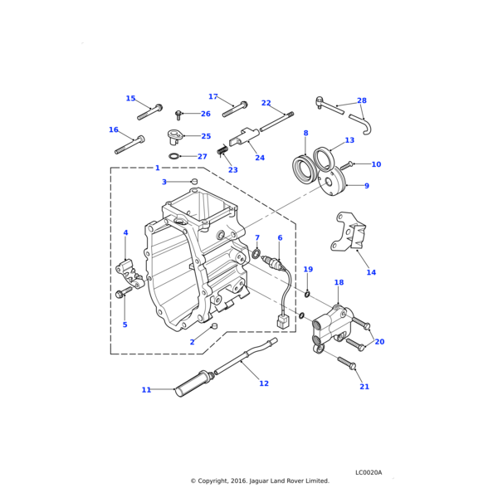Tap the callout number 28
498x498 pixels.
pos(361,100)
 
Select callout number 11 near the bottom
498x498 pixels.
pos(146,389)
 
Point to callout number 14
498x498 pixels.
pos(371,272)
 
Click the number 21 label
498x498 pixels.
pos(364,387)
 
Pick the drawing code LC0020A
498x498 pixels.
pos(369,472)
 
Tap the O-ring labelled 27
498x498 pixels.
pos(174,156)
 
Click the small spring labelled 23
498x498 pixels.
pos(222,150)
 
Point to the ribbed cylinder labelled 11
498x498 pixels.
pos(193,384)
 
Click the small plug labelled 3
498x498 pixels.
pos(194,181)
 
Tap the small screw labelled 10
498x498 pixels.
pos(348,165)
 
